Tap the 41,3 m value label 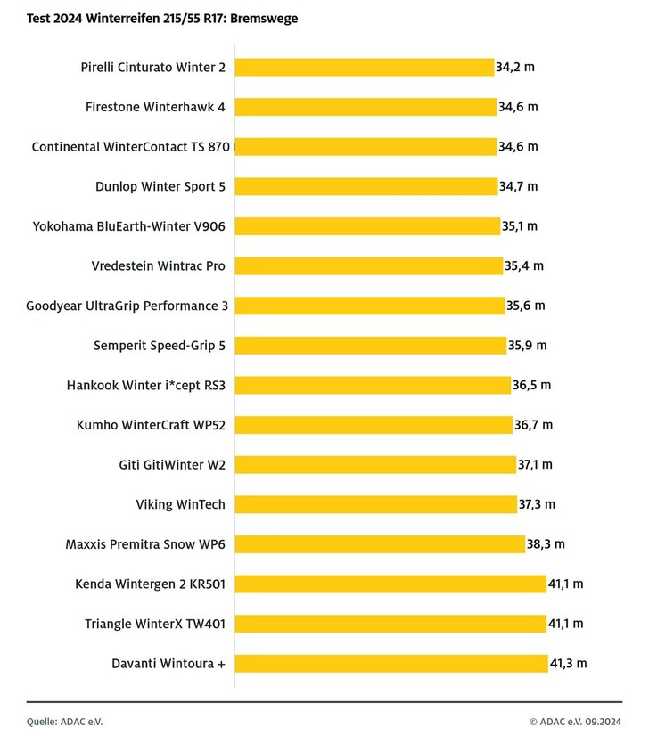[x=569, y=663]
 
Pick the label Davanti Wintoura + [x=168, y=663]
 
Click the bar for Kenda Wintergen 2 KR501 [x=390, y=584]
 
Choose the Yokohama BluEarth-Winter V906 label [x=128, y=226]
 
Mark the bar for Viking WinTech [x=375, y=504]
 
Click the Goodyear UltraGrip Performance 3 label [x=127, y=306]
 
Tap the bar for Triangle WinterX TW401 [x=390, y=624]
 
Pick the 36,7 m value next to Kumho [x=533, y=425]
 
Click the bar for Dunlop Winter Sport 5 [x=366, y=186]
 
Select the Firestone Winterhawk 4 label [x=155, y=107]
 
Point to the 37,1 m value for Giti [x=535, y=464]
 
